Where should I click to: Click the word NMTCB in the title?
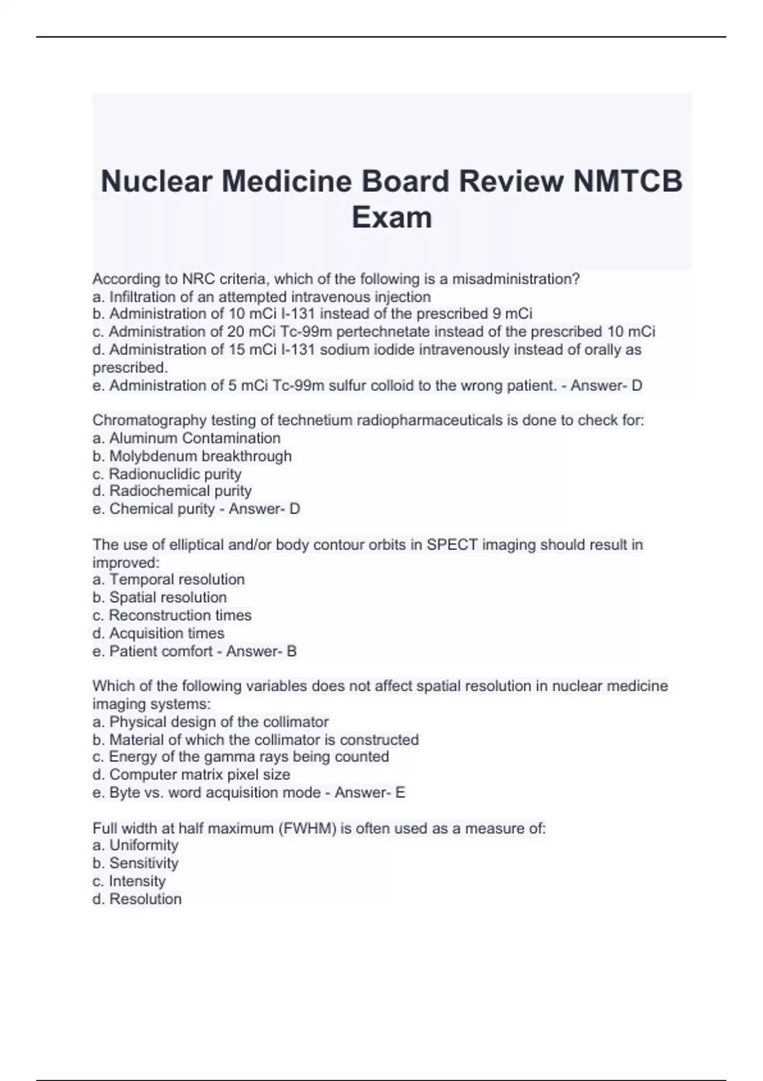(x=628, y=181)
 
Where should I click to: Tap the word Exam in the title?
(x=392, y=217)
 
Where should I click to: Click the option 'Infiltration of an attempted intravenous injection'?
(x=270, y=297)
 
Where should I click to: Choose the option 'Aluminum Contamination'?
(x=195, y=438)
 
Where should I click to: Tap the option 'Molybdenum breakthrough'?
(x=200, y=456)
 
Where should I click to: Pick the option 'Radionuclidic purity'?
(x=175, y=474)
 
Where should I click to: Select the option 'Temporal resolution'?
(x=177, y=580)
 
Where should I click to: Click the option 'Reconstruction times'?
(x=180, y=616)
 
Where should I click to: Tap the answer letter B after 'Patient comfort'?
(x=292, y=652)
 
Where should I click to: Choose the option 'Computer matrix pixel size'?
(x=200, y=775)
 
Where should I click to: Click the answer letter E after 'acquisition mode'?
(x=400, y=793)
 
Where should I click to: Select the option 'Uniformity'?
(x=144, y=846)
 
